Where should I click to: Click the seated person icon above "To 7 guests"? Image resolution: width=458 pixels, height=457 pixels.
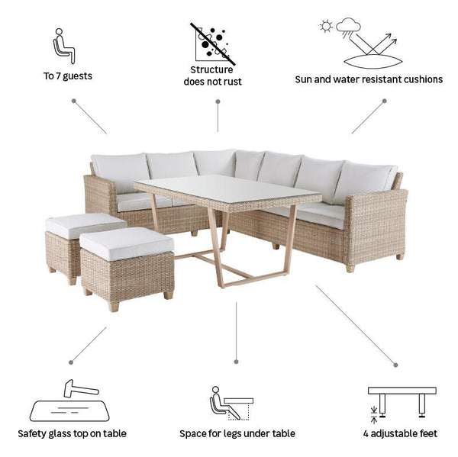click(x=63, y=46)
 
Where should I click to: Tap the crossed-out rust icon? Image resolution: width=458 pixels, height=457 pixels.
click(x=213, y=43)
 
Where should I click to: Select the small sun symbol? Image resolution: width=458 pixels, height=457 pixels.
click(x=326, y=26)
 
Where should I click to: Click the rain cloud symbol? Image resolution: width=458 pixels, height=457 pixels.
click(x=348, y=27)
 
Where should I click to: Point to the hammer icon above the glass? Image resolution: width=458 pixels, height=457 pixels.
click(x=81, y=388)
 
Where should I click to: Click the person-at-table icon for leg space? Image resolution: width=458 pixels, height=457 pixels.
click(x=231, y=404)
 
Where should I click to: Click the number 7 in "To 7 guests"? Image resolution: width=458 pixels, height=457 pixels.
click(x=58, y=76)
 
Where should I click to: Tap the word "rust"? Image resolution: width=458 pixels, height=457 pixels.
click(x=231, y=82)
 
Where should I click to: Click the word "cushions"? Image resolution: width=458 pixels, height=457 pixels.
click(x=423, y=79)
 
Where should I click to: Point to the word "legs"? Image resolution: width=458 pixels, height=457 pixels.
click(x=233, y=434)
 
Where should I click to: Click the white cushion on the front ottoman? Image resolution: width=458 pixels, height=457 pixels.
click(x=127, y=243)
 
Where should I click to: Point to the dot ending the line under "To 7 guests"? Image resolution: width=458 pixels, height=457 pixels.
click(x=74, y=101)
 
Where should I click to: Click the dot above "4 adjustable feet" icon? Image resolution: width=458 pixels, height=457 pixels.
click(x=395, y=365)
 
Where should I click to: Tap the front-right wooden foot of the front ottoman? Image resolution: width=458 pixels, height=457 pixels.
click(x=169, y=294)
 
